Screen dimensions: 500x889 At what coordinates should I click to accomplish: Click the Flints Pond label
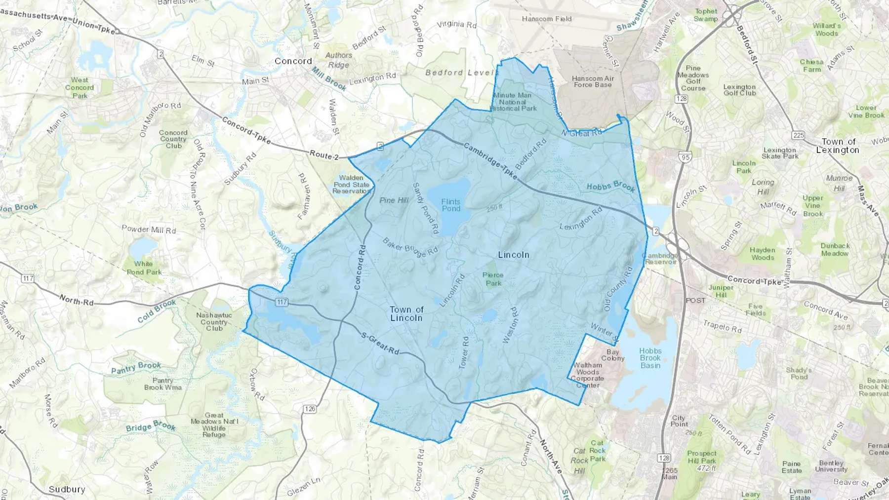[x=450, y=205]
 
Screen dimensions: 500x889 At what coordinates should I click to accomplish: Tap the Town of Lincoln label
[x=406, y=313]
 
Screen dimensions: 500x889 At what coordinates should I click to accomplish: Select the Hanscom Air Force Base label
[x=593, y=81]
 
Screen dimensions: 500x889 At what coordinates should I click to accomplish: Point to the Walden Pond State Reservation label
[x=351, y=184]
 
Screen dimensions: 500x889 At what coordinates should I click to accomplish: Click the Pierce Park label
[x=493, y=279]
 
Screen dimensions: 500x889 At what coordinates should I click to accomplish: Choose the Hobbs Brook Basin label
[x=650, y=358]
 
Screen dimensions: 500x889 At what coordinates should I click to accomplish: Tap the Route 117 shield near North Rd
[x=28, y=278]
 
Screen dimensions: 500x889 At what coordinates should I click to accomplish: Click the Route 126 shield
[x=310, y=409]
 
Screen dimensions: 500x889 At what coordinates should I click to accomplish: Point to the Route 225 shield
[x=798, y=135]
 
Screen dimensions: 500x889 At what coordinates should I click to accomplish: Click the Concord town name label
[x=293, y=61]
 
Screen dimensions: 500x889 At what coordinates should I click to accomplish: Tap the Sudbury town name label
[x=67, y=489]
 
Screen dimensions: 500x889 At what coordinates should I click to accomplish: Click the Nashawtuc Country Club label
[x=214, y=321]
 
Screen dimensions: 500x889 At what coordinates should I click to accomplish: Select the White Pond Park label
[x=144, y=268]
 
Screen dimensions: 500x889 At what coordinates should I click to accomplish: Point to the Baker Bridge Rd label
[x=410, y=248]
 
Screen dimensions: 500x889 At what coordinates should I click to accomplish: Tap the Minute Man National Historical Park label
[x=513, y=102]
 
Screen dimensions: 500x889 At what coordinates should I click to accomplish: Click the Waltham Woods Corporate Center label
[x=587, y=375]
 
